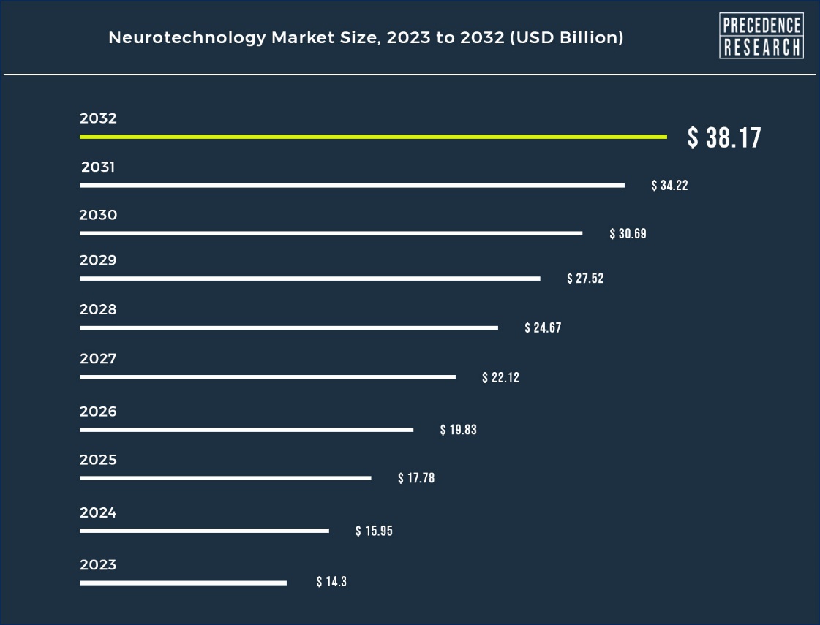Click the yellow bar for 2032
coord(373,137)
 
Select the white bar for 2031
coord(352,186)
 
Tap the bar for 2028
coord(289,328)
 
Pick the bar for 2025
coord(225,478)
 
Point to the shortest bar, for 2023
coord(183,583)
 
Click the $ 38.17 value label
coord(724,137)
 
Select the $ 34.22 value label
coord(669,186)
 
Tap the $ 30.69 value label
coord(628,234)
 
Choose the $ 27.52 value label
coord(585,279)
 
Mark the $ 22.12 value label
coord(500,378)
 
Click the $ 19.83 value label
coord(458,430)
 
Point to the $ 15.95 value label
coord(374,531)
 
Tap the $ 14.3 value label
coord(331,582)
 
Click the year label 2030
coord(98,215)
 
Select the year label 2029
coord(98,260)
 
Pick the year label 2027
coord(98,359)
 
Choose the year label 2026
coord(98,412)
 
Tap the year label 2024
coord(98,512)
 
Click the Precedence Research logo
coord(761,36)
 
